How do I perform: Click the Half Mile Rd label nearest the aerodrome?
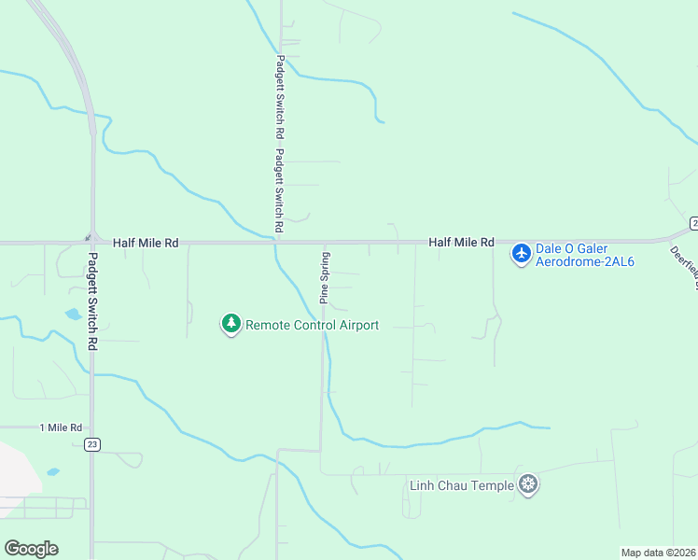461,243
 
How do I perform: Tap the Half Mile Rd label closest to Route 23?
145,243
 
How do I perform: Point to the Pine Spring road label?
325,277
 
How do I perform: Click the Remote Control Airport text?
312,325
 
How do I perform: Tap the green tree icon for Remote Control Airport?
230,324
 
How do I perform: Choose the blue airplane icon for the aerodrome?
521,253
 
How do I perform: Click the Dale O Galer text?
573,247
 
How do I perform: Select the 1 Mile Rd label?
62,427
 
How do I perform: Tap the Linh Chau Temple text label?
462,485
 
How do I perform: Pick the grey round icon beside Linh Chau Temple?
529,483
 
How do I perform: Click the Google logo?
31,549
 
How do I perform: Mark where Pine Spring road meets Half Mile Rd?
325,244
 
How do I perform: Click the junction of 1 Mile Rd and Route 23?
91,427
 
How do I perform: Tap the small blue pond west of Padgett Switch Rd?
73,314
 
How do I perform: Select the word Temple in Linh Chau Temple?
494,485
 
